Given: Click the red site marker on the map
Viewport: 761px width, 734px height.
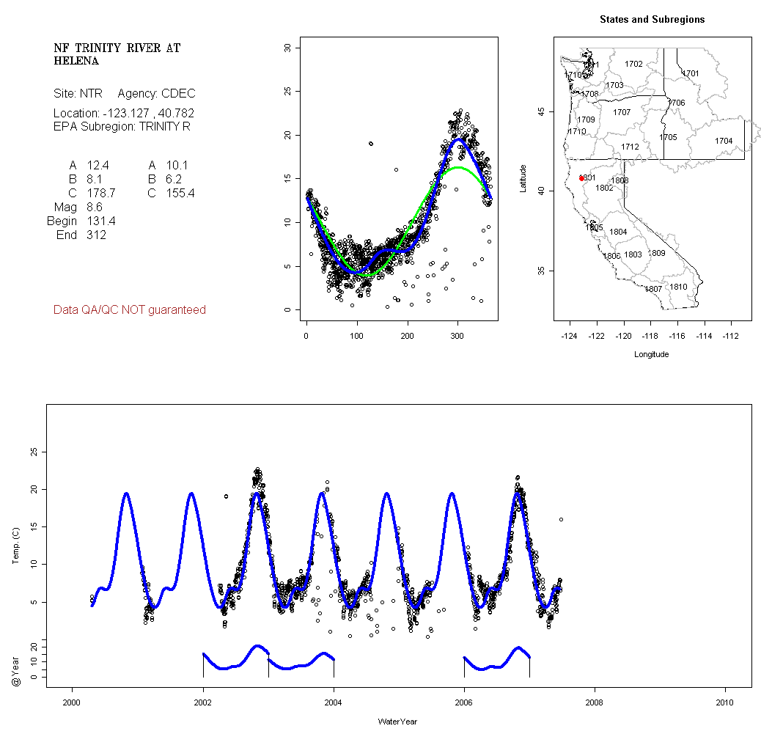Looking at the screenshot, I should (581, 178).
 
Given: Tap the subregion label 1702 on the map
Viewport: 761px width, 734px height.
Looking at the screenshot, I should (633, 65).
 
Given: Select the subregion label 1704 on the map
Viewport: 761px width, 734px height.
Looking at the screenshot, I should (724, 141).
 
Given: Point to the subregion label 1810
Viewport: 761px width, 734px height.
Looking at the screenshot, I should (679, 287).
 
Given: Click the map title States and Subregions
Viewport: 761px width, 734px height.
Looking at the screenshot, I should (652, 20).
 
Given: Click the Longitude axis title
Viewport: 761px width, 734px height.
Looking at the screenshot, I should (651, 354).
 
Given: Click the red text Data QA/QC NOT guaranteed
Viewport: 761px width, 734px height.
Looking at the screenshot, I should (130, 310).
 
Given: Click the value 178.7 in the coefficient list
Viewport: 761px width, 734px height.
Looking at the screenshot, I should (100, 194).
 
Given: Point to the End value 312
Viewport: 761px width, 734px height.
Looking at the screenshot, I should (95, 235).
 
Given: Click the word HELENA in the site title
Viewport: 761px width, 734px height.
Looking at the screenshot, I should (76, 62).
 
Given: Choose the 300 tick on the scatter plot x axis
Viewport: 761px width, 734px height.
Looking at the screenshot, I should (457, 336).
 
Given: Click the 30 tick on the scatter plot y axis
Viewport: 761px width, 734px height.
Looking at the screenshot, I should (287, 48).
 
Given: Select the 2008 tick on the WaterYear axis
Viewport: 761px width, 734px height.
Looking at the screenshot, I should (595, 702).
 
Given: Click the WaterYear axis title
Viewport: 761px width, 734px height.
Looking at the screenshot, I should (397, 722).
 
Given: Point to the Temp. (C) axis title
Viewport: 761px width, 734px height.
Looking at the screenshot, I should (15, 546).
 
